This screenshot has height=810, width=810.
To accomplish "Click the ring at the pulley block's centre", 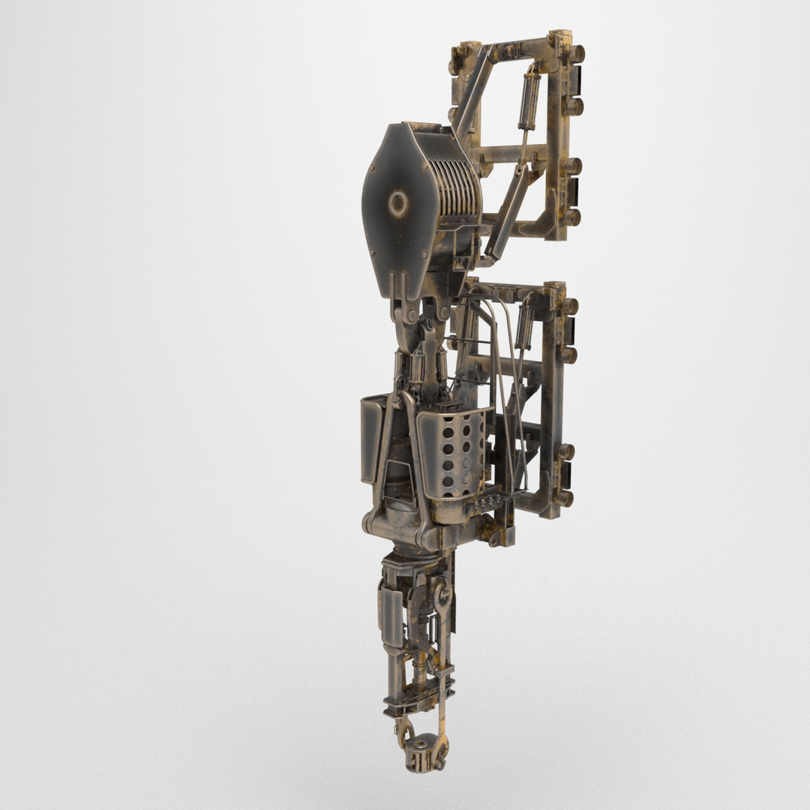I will (x=397, y=203).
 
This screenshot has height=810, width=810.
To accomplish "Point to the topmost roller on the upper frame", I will (x=576, y=54).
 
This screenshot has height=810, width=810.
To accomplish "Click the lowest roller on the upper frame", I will (x=572, y=217).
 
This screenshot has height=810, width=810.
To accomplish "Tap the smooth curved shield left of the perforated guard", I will (x=373, y=439).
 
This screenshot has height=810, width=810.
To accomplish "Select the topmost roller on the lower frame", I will (x=569, y=306).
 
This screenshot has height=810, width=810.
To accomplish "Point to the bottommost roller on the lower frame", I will (x=564, y=498).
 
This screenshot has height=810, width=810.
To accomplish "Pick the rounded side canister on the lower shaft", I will (x=391, y=615).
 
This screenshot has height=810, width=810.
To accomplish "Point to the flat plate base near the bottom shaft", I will (x=408, y=704).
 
